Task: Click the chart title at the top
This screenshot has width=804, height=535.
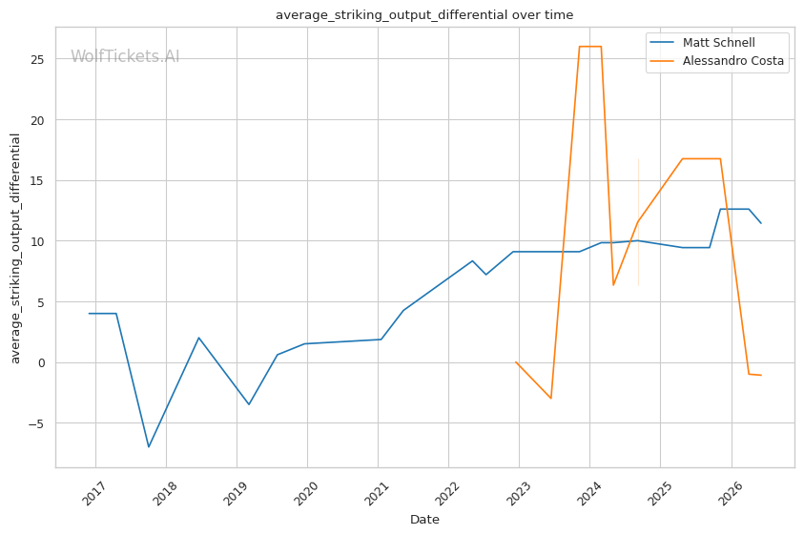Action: [424, 15]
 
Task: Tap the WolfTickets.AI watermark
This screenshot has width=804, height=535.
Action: [125, 56]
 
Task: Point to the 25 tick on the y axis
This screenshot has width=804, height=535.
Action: [37, 59]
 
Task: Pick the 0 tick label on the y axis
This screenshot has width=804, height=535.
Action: [41, 363]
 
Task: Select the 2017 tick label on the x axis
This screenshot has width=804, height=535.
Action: [93, 493]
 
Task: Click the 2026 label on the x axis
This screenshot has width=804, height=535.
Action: [730, 493]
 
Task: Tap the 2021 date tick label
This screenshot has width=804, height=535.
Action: [377, 493]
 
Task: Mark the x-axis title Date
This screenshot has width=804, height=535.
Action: [424, 520]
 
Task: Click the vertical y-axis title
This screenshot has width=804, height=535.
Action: [15, 248]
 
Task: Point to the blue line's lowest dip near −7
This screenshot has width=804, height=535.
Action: [149, 446]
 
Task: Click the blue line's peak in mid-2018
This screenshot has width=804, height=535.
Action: [198, 338]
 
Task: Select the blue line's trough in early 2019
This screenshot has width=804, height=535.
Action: [249, 404]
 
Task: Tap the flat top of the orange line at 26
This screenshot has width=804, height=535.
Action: [590, 47]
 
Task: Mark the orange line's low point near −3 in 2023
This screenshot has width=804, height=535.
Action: [550, 398]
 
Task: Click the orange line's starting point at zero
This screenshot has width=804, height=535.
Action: [516, 362]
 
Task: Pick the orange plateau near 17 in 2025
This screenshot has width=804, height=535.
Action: [701, 159]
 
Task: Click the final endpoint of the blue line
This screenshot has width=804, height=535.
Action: [761, 223]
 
